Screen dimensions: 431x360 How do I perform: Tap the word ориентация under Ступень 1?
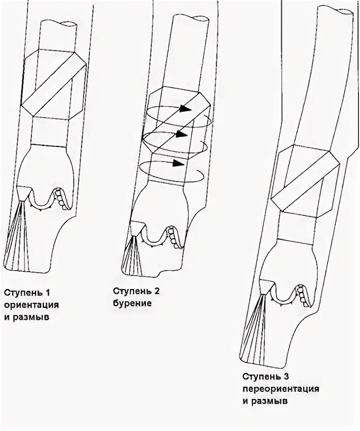point(31,305)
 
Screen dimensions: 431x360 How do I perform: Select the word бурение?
point(133,304)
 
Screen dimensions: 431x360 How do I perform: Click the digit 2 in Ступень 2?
point(157,292)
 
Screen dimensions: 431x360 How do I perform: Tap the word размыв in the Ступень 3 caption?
point(269,400)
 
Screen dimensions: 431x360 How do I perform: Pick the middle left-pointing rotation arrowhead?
point(179,134)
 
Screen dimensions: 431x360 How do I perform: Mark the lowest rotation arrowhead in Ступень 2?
point(178,163)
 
